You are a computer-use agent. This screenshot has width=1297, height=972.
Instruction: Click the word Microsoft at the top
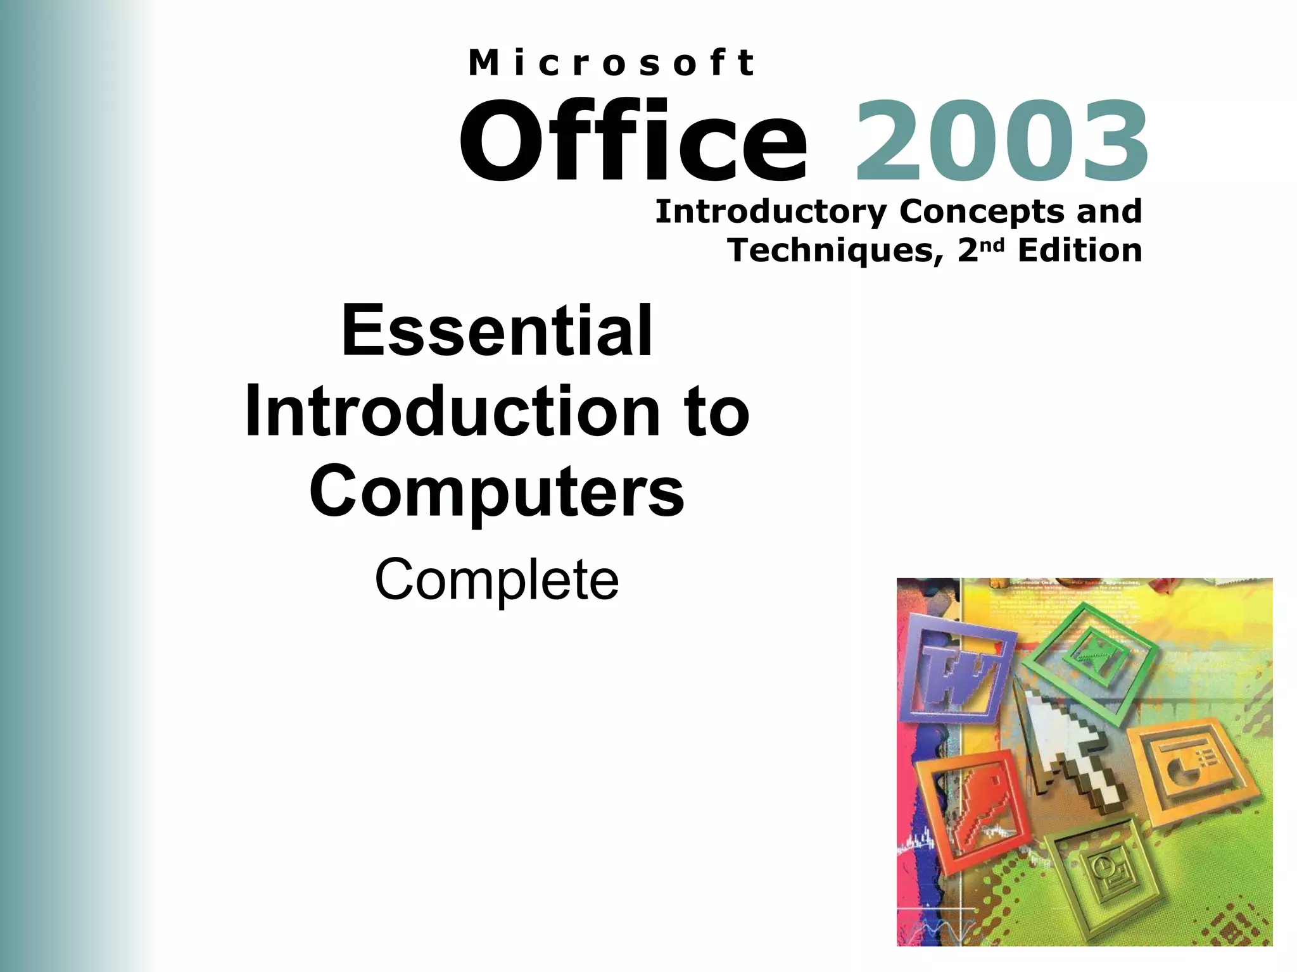coord(611,63)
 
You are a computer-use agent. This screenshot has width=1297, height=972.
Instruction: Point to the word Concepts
coord(982,212)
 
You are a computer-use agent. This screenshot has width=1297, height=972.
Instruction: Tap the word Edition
coord(1080,251)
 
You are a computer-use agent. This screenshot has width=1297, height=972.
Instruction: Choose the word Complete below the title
coord(497,580)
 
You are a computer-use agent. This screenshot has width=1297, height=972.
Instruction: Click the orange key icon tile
coord(969,807)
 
